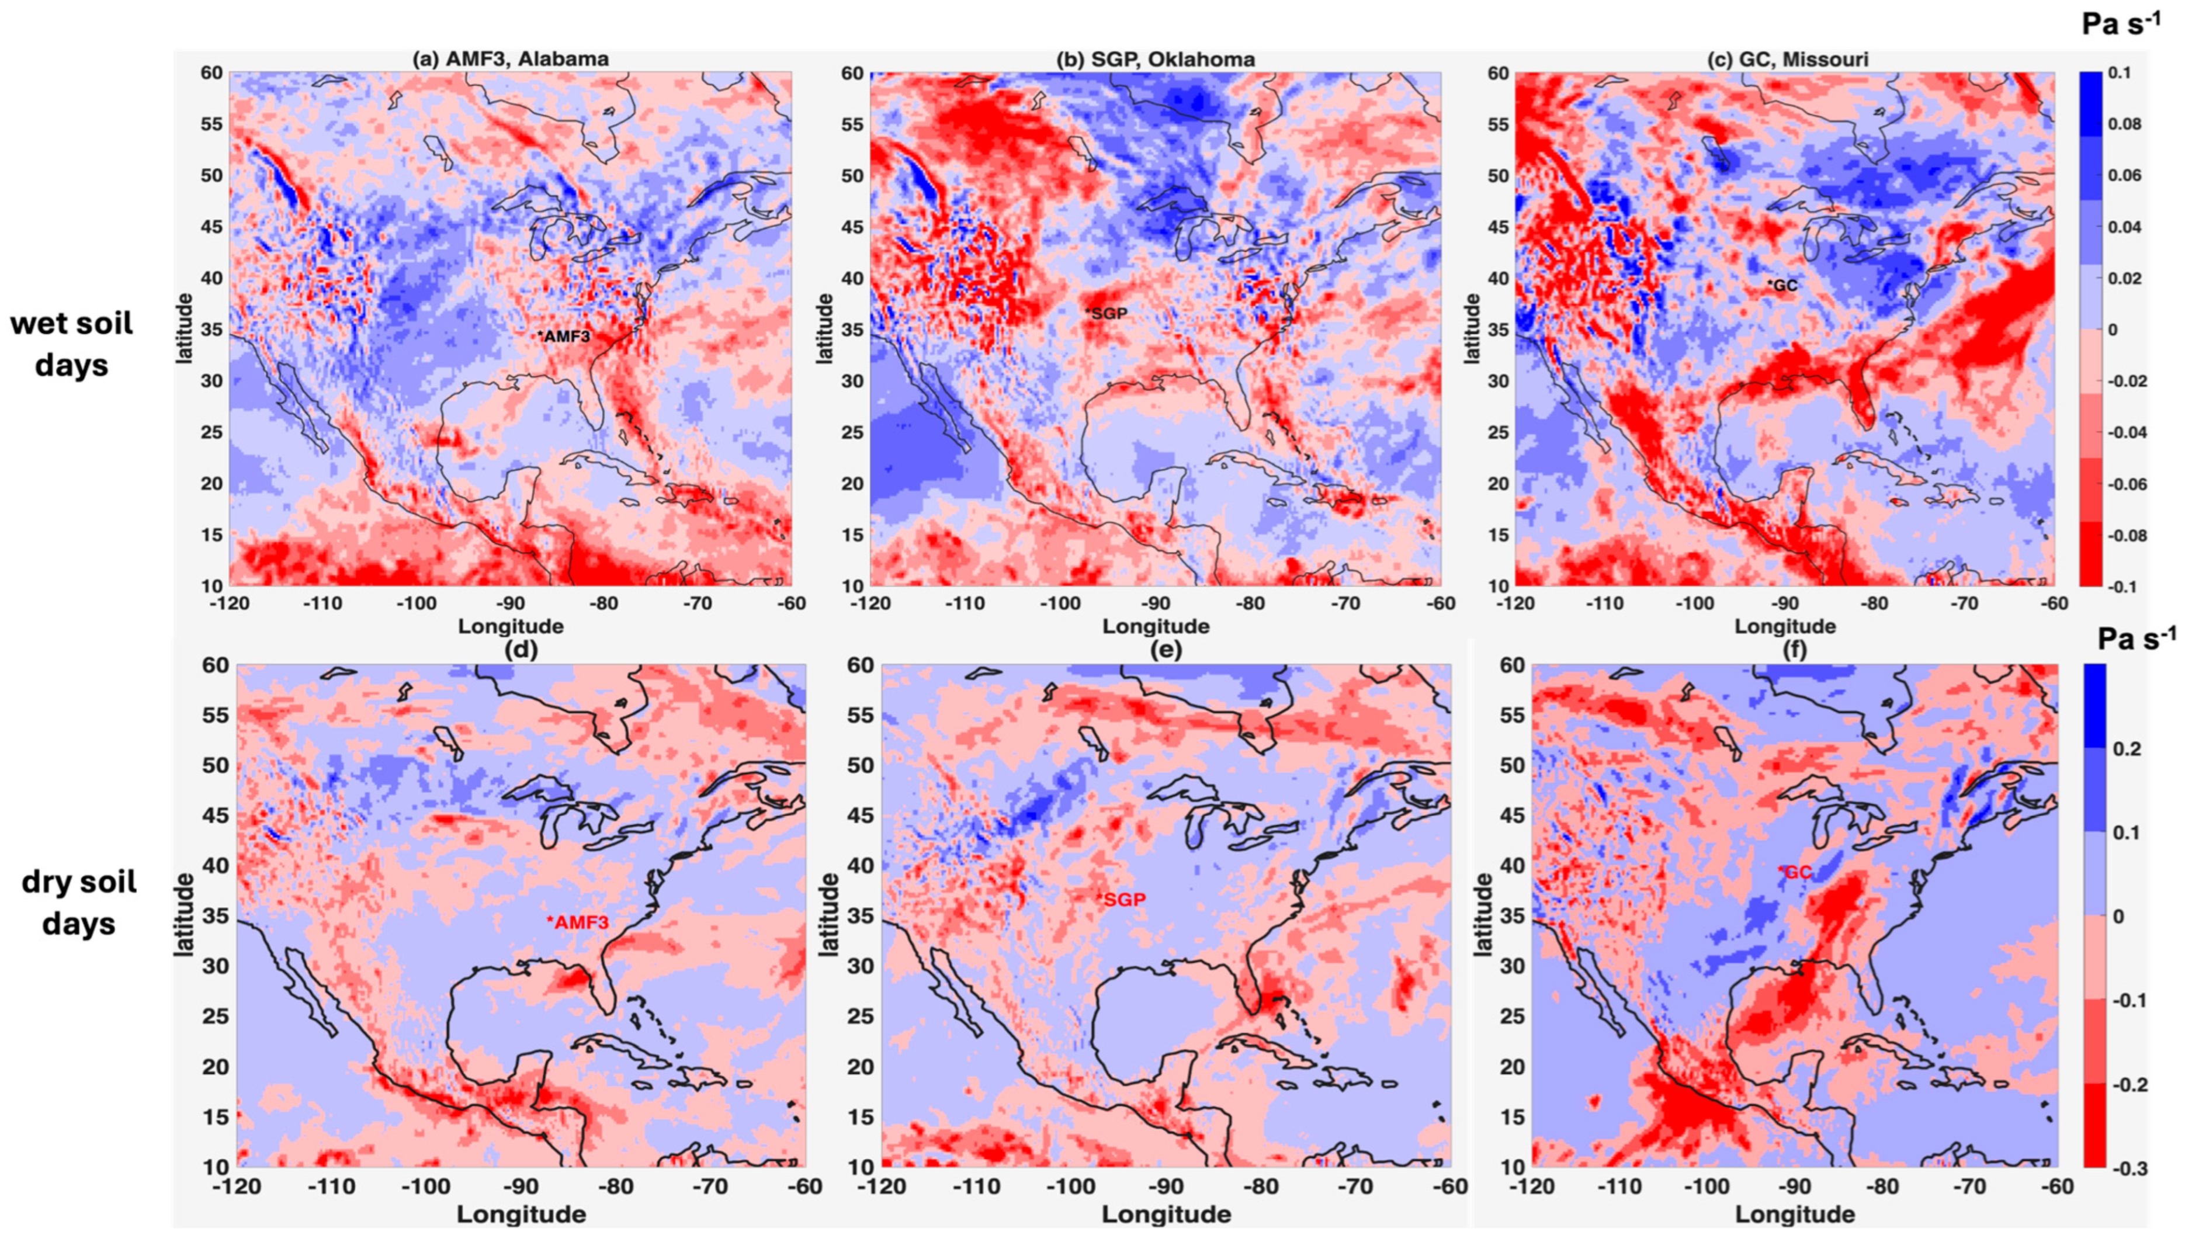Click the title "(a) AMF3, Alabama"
pyautogui.click(x=510, y=59)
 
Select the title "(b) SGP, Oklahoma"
pyautogui.click(x=1156, y=59)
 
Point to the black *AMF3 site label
pyautogui.click(x=564, y=336)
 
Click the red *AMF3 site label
pyautogui.click(x=577, y=922)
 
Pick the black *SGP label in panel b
pyautogui.click(x=1106, y=313)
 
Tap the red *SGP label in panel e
pyautogui.click(x=1121, y=899)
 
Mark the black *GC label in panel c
pyautogui.click(x=1782, y=285)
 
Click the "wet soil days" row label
pyautogui.click(x=72, y=344)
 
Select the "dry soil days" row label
pyautogui.click(x=78, y=903)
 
